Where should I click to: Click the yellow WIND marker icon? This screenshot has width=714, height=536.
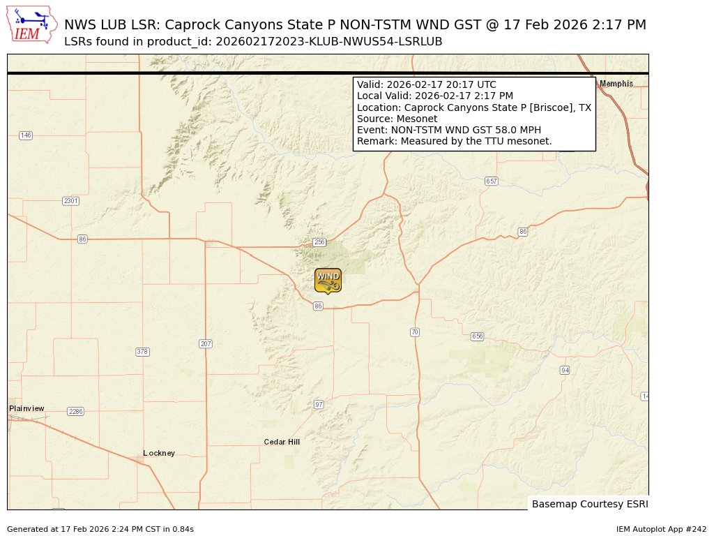coord(328,280)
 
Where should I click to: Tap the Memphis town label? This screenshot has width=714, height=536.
coord(616,84)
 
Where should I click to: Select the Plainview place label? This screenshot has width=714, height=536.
coord(26,408)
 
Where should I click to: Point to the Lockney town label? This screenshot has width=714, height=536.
coord(159,453)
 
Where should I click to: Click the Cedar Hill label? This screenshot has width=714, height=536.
coord(282,442)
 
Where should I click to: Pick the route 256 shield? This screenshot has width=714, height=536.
coord(319,242)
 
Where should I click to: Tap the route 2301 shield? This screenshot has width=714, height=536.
coord(71,201)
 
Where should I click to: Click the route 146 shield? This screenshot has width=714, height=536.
coord(26,135)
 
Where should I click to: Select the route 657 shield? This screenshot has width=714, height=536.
coord(492,181)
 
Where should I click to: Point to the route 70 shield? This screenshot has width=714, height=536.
coord(415,332)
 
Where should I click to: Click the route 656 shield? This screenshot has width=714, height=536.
coord(477,336)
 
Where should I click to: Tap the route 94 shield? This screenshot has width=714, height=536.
coord(565,370)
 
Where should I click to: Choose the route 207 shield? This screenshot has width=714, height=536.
coord(205,344)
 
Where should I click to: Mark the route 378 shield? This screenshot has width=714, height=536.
coord(142,352)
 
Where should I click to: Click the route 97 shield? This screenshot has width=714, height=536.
coord(319,405)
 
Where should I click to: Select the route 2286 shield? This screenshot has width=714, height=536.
coord(75,412)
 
